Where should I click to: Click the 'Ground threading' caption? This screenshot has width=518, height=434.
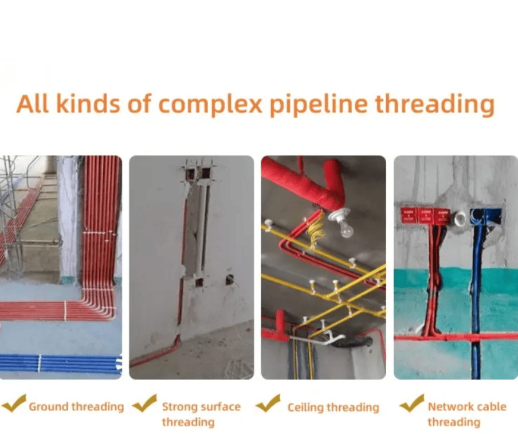point(76,407)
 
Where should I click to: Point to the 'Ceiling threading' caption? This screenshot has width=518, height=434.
point(333,408)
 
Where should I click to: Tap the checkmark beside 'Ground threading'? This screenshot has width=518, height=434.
point(14,403)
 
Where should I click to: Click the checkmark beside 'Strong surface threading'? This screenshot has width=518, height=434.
point(144,403)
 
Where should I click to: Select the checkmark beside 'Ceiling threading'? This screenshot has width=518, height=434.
point(268,403)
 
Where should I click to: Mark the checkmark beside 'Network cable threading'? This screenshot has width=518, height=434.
point(411,403)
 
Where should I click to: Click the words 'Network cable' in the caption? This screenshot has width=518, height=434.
point(467,406)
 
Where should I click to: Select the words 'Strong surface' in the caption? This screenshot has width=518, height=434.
point(201,406)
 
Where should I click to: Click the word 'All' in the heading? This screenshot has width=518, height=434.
point(32,104)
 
